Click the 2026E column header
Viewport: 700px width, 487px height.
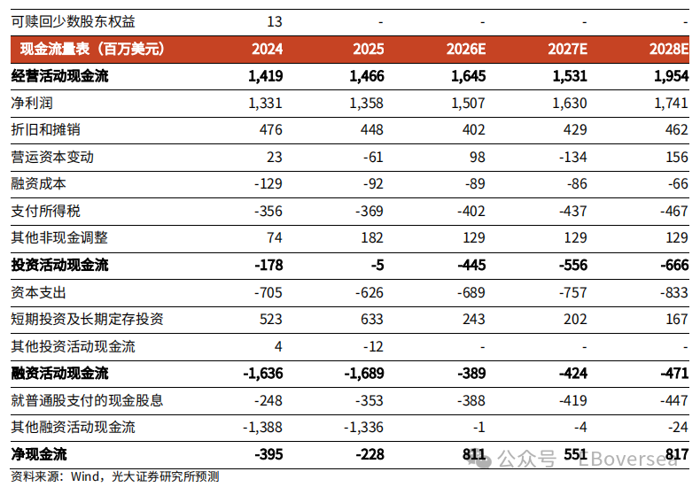coord(468,49)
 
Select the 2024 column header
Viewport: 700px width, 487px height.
coord(268,49)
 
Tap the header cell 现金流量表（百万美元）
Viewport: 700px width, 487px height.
coord(92,49)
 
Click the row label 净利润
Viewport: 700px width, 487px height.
coord(32,104)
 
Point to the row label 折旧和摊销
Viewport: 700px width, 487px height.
coord(45,130)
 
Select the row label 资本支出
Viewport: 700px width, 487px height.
coord(38,292)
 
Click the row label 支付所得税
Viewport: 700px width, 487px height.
coord(45,212)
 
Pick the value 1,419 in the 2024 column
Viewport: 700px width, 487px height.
coord(266,76)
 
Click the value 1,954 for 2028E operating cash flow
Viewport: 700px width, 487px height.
coord(671,76)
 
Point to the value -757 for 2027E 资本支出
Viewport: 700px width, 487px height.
coord(571,292)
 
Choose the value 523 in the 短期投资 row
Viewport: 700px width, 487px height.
coord(270,320)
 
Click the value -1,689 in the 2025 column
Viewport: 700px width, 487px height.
coord(362,374)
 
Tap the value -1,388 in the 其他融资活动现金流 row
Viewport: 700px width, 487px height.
coord(262,428)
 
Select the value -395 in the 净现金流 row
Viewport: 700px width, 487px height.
coord(268,455)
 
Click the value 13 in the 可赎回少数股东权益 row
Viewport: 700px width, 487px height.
coord(274,20)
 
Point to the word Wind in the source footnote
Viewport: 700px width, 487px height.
coord(85,477)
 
